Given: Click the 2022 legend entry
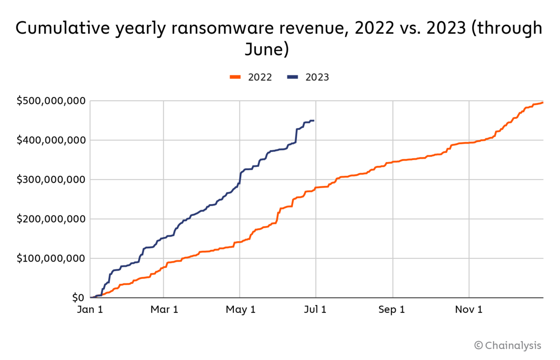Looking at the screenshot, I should pyautogui.click(x=252, y=77).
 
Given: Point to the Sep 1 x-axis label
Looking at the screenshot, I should pyautogui.click(x=392, y=310).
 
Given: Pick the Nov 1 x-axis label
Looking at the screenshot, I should pyautogui.click(x=469, y=310).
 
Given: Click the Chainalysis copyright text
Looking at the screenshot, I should pyautogui.click(x=508, y=346).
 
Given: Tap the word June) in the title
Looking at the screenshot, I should pyautogui.click(x=266, y=49).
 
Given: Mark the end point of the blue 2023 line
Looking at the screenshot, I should pyautogui.click(x=314, y=121).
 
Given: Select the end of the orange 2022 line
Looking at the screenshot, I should pyautogui.click(x=543, y=102).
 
